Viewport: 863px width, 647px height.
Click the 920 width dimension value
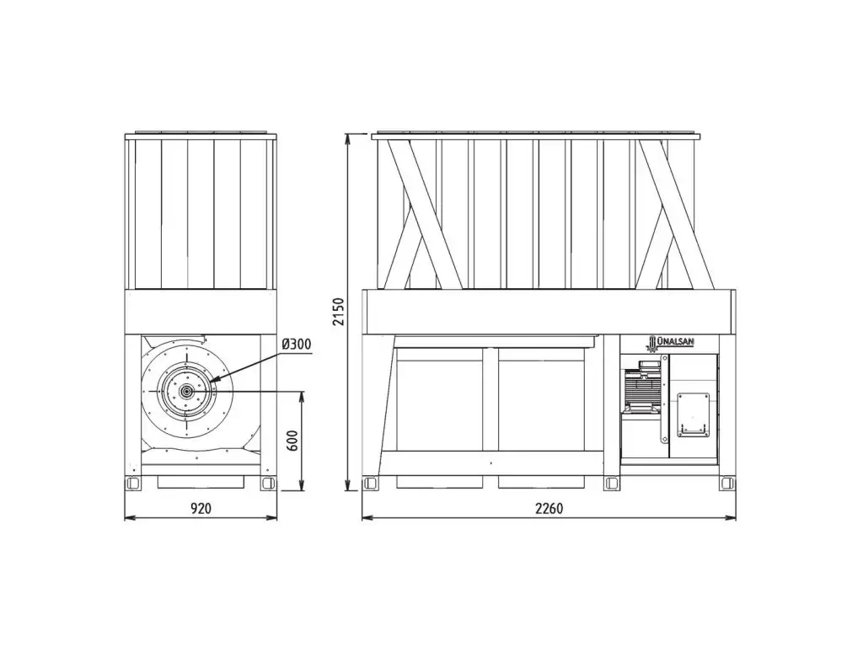pos(201,508)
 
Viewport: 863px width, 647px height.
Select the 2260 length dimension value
pos(549,508)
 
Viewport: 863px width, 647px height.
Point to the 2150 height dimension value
pos(339,312)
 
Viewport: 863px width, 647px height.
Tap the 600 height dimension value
pos(292,440)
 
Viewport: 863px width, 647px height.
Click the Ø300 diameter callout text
pos(296,345)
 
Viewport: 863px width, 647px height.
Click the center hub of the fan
pos(187,391)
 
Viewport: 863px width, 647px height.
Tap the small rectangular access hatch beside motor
pos(693,414)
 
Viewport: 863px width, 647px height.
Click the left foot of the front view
pos(132,483)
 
